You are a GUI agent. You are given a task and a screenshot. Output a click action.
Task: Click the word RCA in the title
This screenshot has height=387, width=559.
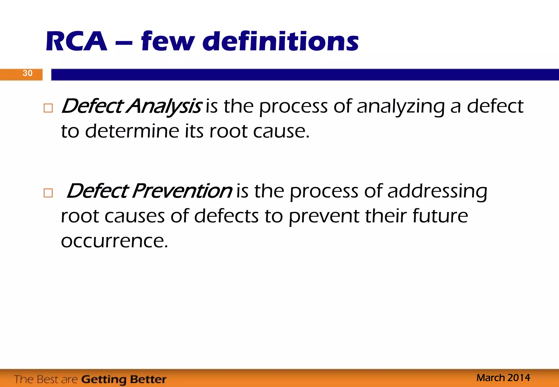76,41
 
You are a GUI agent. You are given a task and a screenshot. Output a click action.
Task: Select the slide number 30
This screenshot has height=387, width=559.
27,73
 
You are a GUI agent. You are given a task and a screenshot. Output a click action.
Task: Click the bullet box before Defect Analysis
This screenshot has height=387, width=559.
48,108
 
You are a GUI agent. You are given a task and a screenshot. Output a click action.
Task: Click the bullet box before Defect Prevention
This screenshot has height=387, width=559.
48,193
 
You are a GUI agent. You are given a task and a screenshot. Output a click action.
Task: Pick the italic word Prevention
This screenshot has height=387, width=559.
182,191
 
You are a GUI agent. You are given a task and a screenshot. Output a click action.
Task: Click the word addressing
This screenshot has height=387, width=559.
437,192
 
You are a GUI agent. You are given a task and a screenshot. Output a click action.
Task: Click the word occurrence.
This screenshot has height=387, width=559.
114,241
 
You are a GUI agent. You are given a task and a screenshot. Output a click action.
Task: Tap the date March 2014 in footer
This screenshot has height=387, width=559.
503,378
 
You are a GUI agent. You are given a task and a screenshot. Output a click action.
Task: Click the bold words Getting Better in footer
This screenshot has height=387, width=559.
124,379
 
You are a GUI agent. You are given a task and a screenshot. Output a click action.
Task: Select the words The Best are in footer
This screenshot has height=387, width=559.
46,379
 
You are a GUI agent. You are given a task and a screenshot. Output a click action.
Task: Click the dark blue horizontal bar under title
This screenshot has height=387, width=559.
305,75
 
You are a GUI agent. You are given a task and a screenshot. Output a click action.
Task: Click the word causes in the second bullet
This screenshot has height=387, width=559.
135,216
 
